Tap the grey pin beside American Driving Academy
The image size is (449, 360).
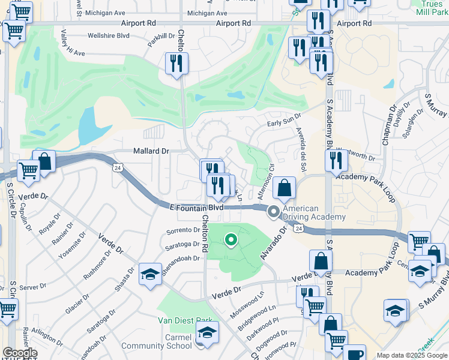[x=274, y=211]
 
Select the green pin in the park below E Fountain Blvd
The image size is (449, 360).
[x=231, y=241]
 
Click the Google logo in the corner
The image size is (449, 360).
[x=19, y=353]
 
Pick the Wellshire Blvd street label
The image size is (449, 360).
[x=109, y=35]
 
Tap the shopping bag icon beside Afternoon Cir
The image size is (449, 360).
[x=285, y=188]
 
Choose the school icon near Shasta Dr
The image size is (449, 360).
[x=150, y=274]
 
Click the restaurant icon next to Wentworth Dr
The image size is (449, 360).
[x=336, y=160]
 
